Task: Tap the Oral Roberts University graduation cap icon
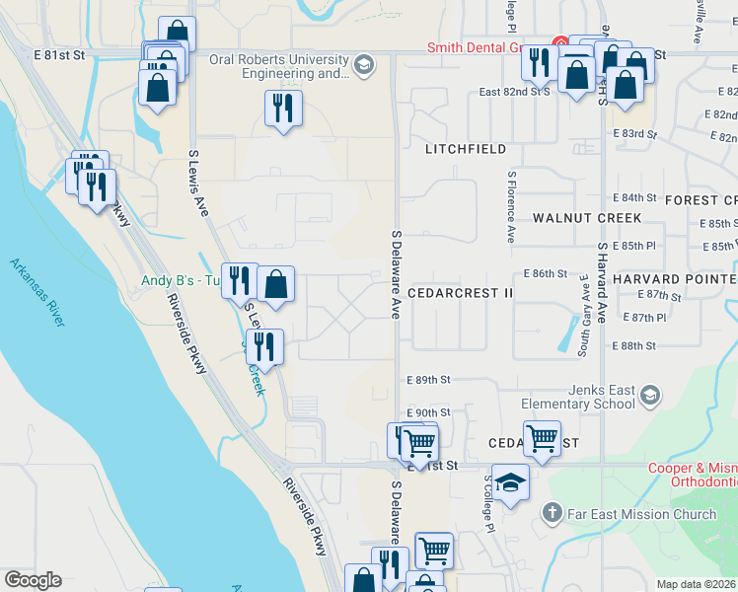(x=364, y=65)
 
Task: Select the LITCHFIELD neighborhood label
(x=466, y=149)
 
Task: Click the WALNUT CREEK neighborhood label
(x=587, y=218)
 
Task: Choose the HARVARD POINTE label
(x=674, y=279)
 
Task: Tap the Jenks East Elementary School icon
(x=649, y=396)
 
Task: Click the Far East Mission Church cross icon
(x=553, y=513)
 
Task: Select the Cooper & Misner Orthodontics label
(x=692, y=475)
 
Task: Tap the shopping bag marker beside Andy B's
(x=277, y=284)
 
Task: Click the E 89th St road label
(x=428, y=379)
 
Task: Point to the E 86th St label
(x=546, y=272)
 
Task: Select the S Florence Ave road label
(x=511, y=207)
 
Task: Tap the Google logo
(x=33, y=580)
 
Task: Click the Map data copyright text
(x=696, y=584)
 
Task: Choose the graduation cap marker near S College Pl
(x=510, y=483)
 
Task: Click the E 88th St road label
(x=634, y=345)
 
